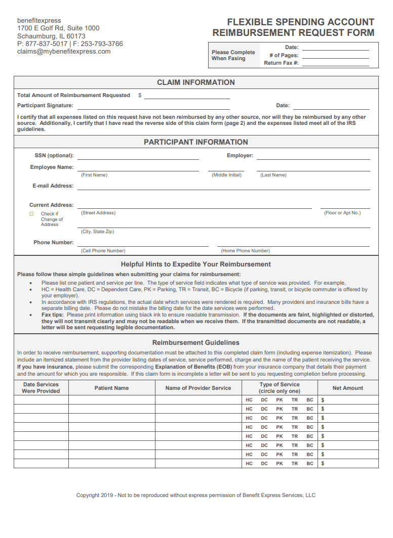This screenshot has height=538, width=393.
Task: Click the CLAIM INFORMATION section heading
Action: coord(196,82)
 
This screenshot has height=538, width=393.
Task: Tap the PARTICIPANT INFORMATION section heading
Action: coord(196,142)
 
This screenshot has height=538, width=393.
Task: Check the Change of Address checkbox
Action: coord(31,214)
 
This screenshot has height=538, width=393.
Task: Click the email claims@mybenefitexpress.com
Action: coord(64,52)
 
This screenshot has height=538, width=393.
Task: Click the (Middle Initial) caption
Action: coord(226,175)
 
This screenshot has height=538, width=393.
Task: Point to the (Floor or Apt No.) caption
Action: coord(342,213)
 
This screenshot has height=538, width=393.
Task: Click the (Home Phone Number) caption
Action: coord(245,251)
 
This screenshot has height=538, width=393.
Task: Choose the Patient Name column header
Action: coord(111,388)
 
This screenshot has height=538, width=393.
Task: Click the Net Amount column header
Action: coord(347,388)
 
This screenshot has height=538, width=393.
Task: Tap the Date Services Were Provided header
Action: coord(41,388)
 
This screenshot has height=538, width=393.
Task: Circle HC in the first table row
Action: coord(249,400)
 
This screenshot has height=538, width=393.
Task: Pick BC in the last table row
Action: coord(310,464)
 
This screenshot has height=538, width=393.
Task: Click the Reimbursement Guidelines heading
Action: coord(196,343)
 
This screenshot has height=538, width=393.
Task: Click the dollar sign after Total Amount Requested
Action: coord(140,96)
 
